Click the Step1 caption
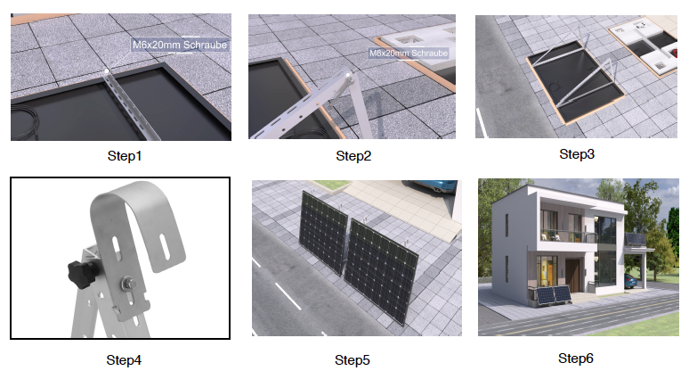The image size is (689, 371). point(125,156)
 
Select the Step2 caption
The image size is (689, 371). point(353,156)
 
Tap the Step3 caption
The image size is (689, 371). point(577,154)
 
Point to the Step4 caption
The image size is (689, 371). point(124,360)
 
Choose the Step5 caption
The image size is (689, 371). point(352,360)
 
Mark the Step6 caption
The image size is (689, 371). point(576,359)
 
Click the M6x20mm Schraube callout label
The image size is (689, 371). point(180,45)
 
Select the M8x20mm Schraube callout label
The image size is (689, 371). point(409,54)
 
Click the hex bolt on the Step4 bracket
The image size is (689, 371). point(128,284)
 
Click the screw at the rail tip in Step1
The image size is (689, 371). point(106,70)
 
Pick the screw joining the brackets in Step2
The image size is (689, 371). point(348,75)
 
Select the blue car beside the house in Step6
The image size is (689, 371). point(629,281)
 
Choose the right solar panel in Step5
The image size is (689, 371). point(380,270)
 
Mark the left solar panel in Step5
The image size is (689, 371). point(323,232)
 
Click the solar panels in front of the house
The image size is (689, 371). point(553,295)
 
